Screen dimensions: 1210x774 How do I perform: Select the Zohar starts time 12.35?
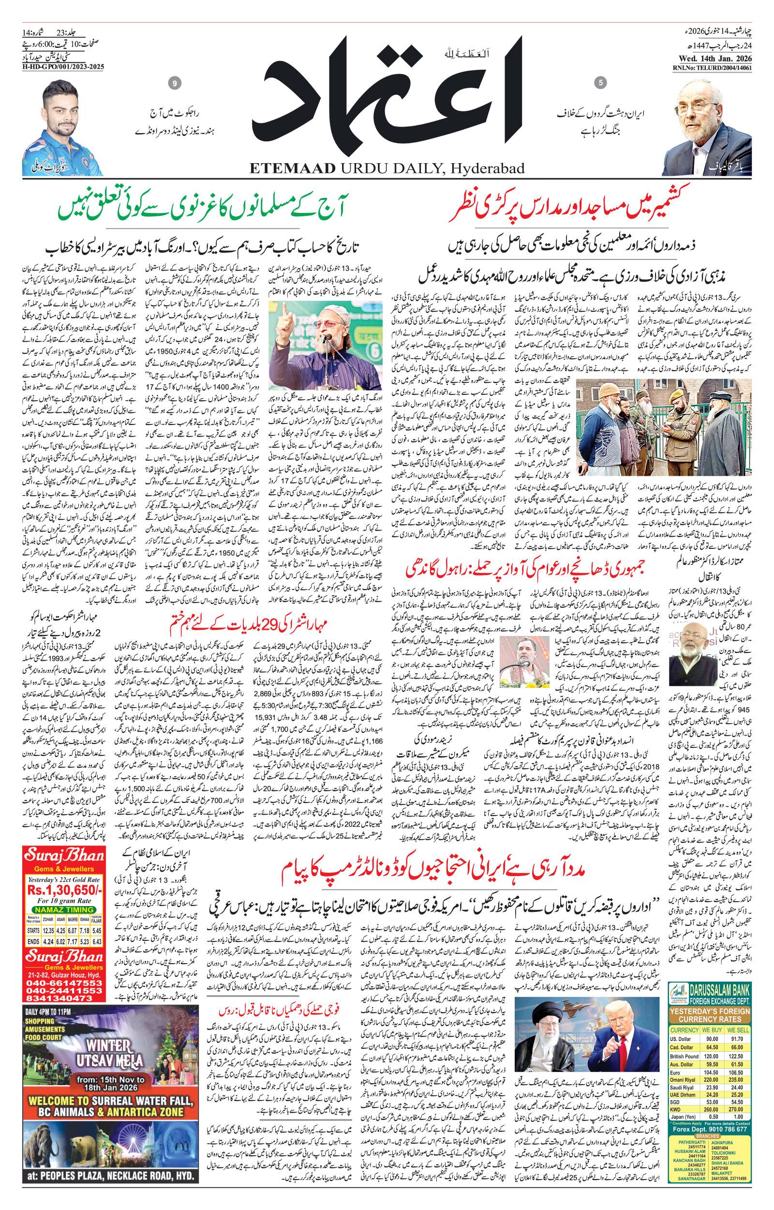48,930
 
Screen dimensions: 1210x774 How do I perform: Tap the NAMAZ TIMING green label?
63,909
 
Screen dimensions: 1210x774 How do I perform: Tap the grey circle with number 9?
175,83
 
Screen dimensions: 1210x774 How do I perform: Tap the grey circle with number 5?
600,82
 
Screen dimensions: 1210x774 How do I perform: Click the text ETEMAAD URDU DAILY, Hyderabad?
387,167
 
